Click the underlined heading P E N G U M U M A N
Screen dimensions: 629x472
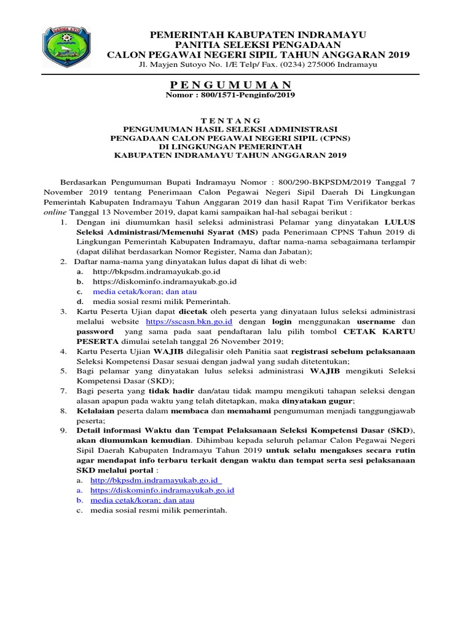[x=230, y=85]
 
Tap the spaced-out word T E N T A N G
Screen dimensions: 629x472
[x=230, y=120]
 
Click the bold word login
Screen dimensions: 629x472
[x=282, y=321]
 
